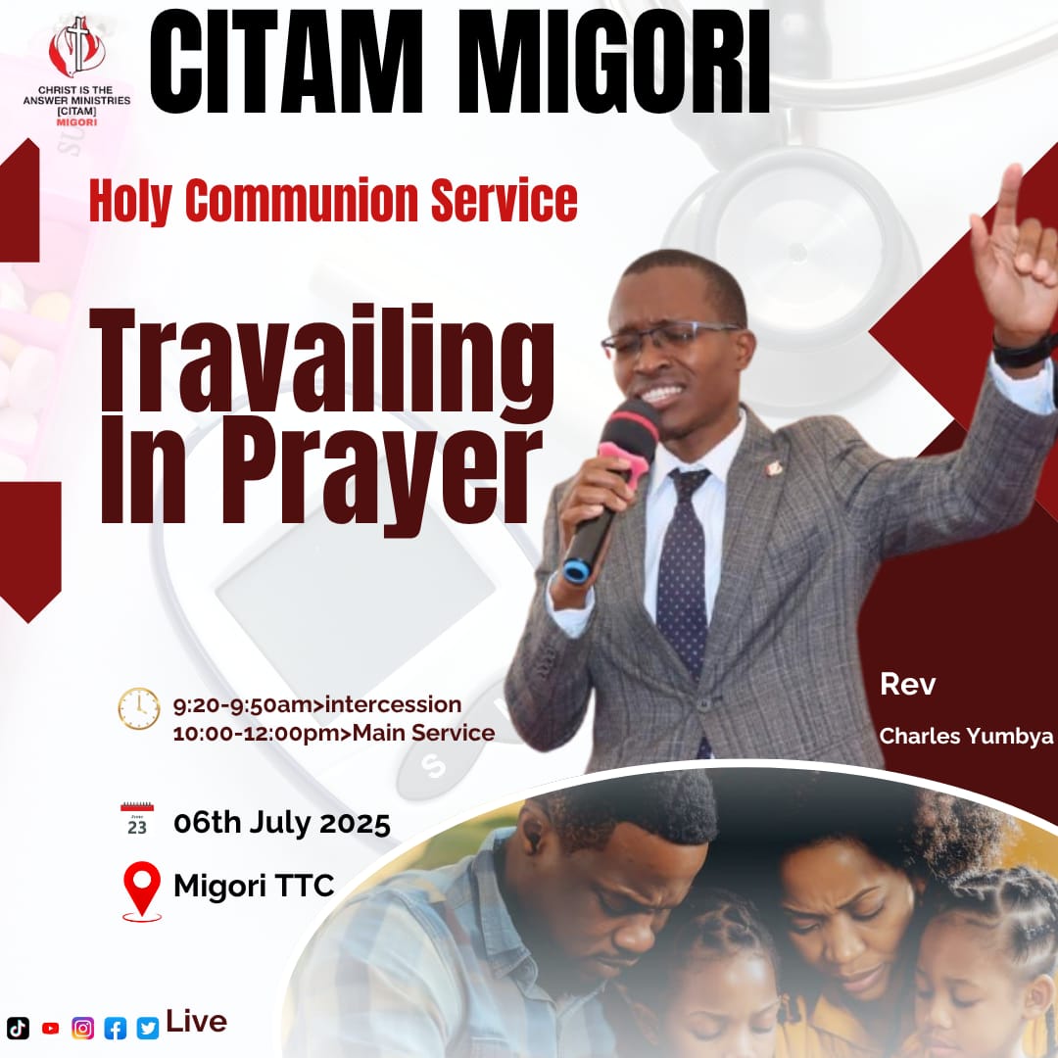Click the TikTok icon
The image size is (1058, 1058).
[18, 1028]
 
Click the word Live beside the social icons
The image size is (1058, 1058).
[197, 1022]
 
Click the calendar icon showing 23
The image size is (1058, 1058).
[137, 821]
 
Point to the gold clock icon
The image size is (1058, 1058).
[139, 708]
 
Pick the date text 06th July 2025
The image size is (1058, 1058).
[282, 823]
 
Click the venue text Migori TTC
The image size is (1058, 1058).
[254, 887]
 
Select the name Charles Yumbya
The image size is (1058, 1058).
[966, 736]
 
